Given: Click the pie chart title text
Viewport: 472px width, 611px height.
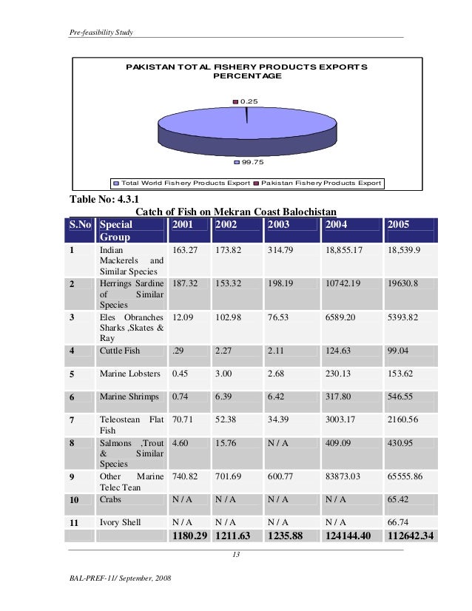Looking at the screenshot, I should tap(246, 71).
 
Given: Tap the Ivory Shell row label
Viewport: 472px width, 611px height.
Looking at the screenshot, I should tap(120, 522).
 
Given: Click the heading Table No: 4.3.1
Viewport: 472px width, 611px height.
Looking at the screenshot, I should tap(104, 199).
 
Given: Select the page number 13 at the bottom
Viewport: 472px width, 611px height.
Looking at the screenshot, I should tap(237, 556).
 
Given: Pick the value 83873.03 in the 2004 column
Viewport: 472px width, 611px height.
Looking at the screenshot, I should tap(345, 477).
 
